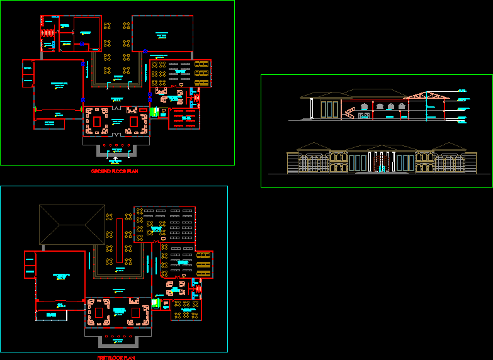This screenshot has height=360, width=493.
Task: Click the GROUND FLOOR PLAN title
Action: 115,171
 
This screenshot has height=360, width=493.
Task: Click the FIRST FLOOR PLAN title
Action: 116,357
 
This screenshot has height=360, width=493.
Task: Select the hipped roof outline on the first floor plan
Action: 72,223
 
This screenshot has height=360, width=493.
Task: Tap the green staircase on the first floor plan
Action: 154,303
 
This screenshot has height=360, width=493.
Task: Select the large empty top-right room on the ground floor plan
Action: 162,33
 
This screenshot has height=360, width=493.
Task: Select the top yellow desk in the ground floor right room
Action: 201,64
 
